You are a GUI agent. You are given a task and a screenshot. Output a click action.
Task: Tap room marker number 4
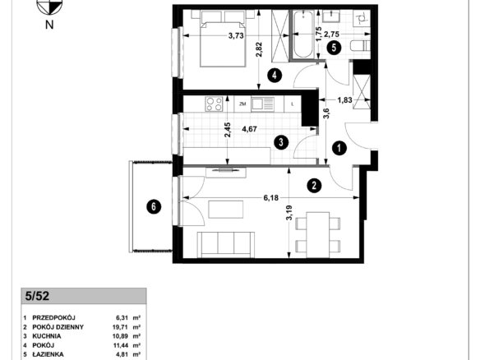tap(275, 75)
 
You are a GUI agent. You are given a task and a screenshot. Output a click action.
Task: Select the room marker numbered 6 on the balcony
tap(154, 207)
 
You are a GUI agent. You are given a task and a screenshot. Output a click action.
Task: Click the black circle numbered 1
tap(339, 149)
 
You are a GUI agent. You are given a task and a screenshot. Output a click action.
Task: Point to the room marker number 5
tap(334, 48)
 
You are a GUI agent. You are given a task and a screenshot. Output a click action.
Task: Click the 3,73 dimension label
tap(236, 36)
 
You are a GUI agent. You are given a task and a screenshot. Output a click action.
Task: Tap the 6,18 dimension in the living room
tap(271, 198)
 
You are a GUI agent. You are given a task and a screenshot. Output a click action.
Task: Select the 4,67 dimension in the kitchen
tap(249, 129)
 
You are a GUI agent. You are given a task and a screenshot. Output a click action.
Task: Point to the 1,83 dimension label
tap(344, 99)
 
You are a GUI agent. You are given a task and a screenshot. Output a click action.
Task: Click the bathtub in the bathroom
tap(303, 35)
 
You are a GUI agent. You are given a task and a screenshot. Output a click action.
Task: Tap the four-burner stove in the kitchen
tap(214, 104)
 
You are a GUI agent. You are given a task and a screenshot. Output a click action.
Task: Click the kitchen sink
tap(263, 104)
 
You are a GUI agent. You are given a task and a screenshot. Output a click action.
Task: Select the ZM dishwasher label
tap(242, 104)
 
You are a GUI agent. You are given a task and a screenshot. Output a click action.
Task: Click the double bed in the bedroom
tap(223, 39)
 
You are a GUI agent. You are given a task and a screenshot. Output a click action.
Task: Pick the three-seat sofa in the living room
tap(226, 244)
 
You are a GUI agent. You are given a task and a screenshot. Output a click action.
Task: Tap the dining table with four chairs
tap(318, 235)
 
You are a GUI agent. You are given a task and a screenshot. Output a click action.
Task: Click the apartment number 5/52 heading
tap(37, 296)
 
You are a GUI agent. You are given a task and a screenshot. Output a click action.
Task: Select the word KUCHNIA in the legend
tap(47, 336)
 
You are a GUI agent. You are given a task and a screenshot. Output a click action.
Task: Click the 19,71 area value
tap(121, 327)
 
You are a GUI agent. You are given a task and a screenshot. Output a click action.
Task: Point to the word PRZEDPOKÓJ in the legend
tap(54, 318)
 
